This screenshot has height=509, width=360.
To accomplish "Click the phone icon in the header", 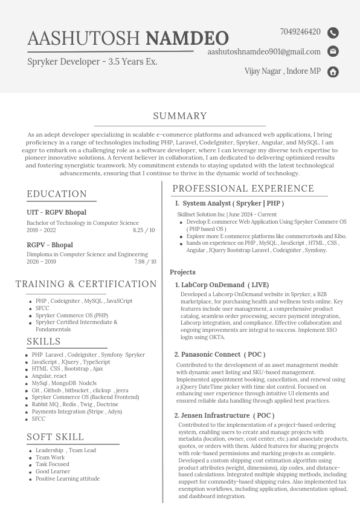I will [333, 33].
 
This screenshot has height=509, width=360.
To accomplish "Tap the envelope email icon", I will [333, 51].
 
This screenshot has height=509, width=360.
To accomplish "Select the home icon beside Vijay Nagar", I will [333, 72].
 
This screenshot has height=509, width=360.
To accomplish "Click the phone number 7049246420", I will [300, 32].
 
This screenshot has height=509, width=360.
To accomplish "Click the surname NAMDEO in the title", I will [187, 39].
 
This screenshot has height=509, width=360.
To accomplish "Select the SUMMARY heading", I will [180, 116].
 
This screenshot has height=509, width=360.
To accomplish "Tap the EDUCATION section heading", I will [57, 194].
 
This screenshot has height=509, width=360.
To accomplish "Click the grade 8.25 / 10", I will [144, 230].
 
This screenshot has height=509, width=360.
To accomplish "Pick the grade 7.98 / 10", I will [145, 262].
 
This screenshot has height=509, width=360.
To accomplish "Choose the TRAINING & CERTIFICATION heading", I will [86, 284].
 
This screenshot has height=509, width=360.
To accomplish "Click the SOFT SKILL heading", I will [55, 437].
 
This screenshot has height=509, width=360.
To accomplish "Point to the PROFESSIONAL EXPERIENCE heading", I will [243, 189].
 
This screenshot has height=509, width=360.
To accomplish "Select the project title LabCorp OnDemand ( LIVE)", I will [225, 285].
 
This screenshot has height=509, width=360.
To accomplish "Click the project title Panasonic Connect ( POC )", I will [223, 354].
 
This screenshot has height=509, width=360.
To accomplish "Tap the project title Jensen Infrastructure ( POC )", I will [227, 415].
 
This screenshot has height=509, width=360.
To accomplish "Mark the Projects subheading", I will [182, 272].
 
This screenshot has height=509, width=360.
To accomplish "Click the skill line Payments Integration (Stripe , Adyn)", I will [77, 412].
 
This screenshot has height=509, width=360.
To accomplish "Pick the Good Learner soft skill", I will [53, 472].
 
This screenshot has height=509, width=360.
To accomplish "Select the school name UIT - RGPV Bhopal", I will [56, 213].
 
